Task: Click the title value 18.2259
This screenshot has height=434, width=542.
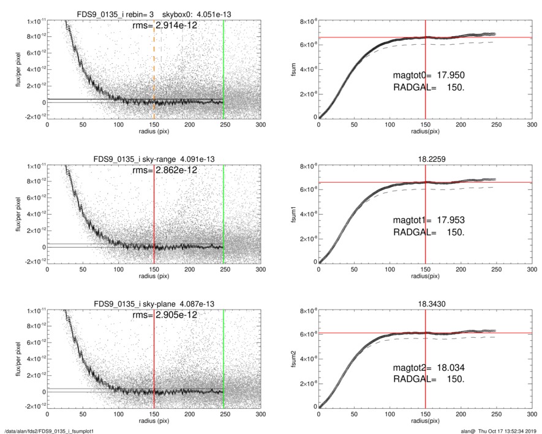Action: (425, 158)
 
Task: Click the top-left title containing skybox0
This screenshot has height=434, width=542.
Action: (154, 13)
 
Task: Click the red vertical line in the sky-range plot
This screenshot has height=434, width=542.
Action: (154, 215)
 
